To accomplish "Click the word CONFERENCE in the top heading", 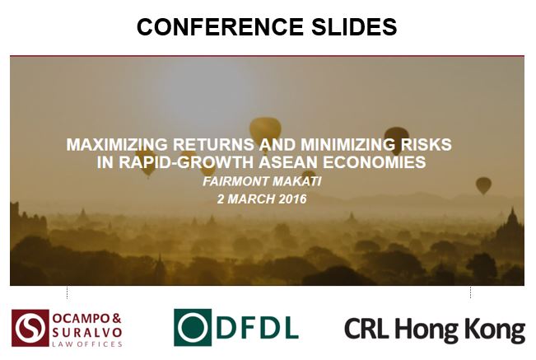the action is pos(220,26).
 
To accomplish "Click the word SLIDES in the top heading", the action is pos(354,26).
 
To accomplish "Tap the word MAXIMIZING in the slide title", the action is pos(117,145).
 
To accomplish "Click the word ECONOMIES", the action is pos(375,162).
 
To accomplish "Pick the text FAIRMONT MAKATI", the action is pos(262,181).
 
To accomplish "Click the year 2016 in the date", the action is pos(292,199).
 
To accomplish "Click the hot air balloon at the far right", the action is pos(483,185).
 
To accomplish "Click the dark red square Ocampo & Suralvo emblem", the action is pos(30,328).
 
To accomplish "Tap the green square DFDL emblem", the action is pos(193,328).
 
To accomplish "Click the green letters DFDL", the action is pos(258,328).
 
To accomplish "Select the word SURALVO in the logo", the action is pos(87,332).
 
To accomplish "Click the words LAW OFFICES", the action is pos(87,344).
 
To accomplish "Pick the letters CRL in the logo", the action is pos(366,329).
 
